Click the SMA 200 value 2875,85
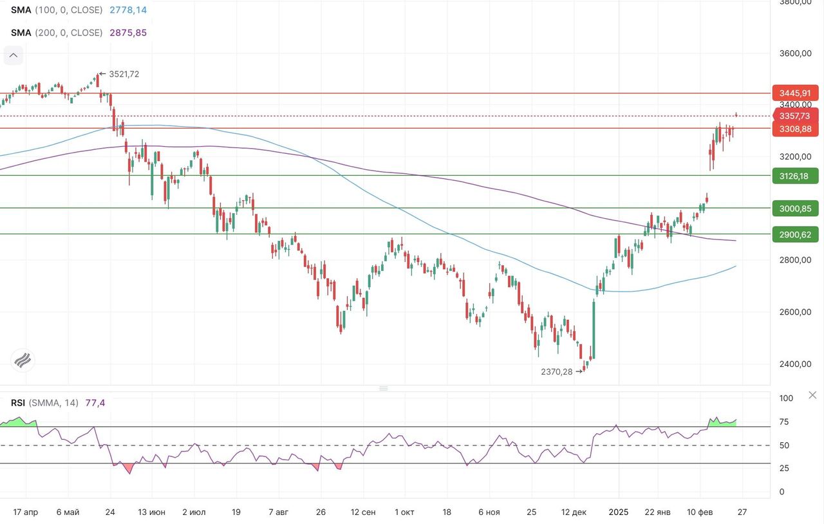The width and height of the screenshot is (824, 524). (128, 32)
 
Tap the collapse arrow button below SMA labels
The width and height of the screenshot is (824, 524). (14, 56)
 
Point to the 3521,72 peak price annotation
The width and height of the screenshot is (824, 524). (124, 74)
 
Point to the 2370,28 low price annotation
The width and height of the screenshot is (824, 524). (557, 371)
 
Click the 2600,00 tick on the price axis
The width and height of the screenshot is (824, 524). (795, 312)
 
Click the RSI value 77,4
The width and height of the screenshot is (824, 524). (95, 403)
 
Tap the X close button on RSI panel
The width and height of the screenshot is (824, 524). (812, 395)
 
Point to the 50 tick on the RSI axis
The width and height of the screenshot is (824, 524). (785, 445)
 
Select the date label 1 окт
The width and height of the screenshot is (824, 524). (405, 512)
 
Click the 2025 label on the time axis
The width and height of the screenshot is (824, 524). (619, 512)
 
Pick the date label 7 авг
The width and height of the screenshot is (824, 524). (278, 512)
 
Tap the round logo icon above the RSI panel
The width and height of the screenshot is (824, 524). (23, 360)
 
